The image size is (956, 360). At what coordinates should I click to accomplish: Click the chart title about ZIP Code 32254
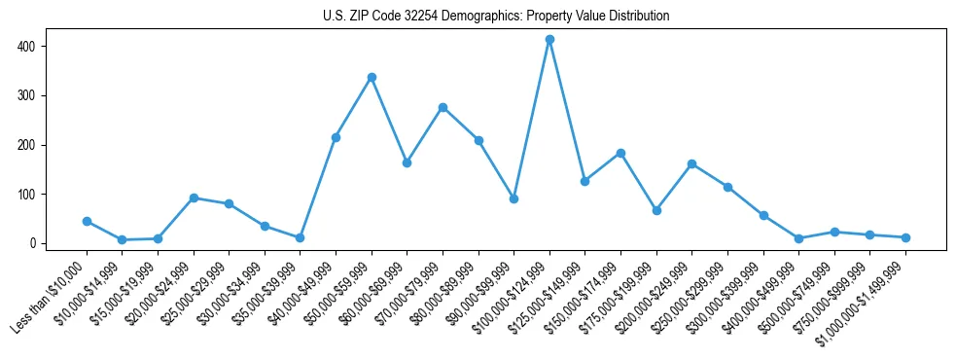496,17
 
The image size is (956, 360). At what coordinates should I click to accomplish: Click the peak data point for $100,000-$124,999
549,40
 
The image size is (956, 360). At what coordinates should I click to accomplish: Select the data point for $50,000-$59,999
372,77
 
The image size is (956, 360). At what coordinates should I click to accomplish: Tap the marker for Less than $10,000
87,221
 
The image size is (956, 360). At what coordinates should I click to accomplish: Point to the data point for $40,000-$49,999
336,137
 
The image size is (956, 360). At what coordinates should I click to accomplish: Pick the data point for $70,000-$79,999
443,107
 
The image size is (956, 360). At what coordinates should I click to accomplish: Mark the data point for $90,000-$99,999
513,198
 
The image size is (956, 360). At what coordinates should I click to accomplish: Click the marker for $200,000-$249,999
691,163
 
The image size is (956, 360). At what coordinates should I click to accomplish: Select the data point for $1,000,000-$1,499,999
905,237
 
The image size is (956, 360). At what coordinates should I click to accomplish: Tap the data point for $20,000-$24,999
194,198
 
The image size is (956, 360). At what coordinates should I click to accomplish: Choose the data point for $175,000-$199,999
656,210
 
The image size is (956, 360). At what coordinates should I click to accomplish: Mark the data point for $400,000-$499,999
798,238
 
